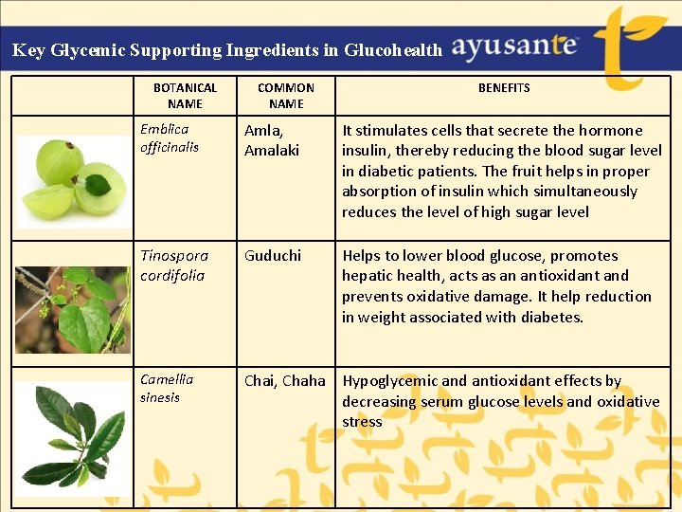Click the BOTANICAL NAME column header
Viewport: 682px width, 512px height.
[185, 95]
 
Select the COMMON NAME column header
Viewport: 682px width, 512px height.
[285, 95]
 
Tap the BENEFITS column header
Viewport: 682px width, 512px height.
[504, 87]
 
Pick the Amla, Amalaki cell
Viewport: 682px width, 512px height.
[272, 140]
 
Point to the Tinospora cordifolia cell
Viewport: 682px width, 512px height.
[172, 265]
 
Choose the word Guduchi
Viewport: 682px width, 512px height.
[273, 255]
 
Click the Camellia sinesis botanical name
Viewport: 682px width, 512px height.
[167, 388]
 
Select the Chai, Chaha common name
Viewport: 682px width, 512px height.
[284, 380]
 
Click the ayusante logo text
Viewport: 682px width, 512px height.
[514, 46]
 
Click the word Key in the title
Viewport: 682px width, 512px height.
[28, 50]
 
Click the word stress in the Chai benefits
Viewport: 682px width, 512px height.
[362, 422]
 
